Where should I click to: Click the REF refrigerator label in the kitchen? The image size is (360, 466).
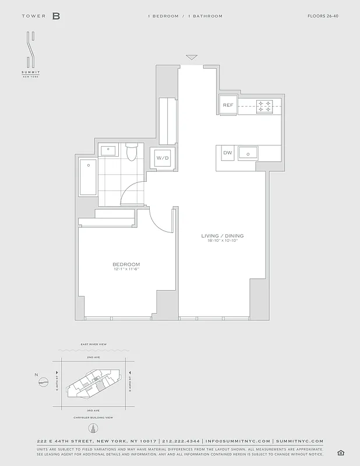pos(228,105)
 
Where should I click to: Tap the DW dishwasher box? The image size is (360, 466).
pos(227,153)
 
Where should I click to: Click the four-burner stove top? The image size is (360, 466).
pos(264,105)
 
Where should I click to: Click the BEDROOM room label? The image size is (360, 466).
pos(126,265)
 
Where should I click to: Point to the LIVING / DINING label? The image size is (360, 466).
pos(222,236)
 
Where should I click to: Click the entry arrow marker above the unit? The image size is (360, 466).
pos(192,57)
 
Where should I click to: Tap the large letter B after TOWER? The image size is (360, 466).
pos(56,16)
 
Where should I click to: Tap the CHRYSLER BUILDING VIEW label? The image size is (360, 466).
pos(93,417)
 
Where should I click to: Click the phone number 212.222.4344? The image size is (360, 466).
pos(181,442)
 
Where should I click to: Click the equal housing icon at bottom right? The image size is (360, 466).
pos(340,453)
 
